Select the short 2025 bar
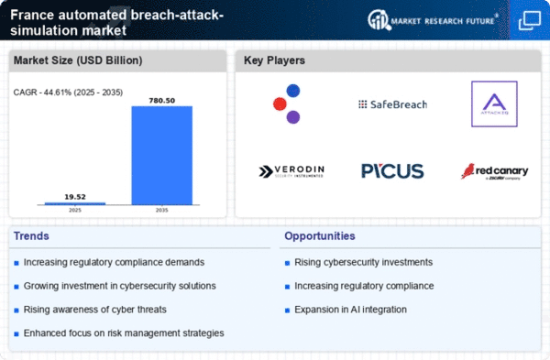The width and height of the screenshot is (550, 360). click(75, 202)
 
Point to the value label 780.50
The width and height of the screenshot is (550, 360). click(161, 99)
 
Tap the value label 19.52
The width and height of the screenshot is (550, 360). click(75, 195)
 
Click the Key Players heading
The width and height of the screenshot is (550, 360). click(275, 61)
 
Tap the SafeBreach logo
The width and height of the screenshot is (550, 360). click(392, 104)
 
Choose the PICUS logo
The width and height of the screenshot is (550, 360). click(392, 170)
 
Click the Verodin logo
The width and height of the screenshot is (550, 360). click(291, 171)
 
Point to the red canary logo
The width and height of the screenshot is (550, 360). click(494, 171)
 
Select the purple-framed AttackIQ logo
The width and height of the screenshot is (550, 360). click(494, 104)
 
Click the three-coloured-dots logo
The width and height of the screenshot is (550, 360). click(287, 104)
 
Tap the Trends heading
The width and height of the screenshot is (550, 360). click(32, 236)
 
